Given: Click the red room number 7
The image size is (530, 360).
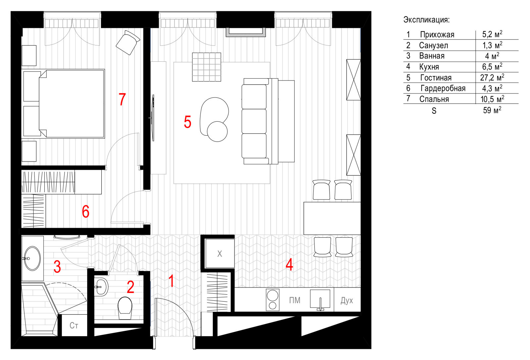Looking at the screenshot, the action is coord(122,99).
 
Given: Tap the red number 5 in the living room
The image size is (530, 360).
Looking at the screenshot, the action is coord(187,122).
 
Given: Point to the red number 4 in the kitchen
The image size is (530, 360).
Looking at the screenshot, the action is coord(289,265).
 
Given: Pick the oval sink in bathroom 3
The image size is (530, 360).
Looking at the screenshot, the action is coord(32,258).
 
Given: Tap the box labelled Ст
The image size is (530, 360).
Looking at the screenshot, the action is coord(74,326).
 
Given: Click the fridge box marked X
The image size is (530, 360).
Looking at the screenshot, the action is coord(220,253).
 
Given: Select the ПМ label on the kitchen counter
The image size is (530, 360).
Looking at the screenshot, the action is coord(294,300).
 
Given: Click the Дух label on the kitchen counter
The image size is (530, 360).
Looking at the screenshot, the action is coord(346,301).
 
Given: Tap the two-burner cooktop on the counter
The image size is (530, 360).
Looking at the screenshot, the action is coord(273,300).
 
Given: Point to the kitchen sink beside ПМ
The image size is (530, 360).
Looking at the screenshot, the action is coord(320,299).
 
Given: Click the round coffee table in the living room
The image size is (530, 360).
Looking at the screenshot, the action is coord(217,132).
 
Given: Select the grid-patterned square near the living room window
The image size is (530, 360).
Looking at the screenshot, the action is coord(207,67).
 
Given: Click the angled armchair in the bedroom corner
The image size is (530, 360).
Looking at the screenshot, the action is coord(128,43).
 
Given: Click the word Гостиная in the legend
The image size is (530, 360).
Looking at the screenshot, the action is coord(436,78).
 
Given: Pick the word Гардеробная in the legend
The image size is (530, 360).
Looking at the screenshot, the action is coord(443,88).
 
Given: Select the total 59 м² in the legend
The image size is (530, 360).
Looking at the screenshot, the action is coord(492,110).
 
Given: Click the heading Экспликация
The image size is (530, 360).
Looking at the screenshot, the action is coord(426,20).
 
